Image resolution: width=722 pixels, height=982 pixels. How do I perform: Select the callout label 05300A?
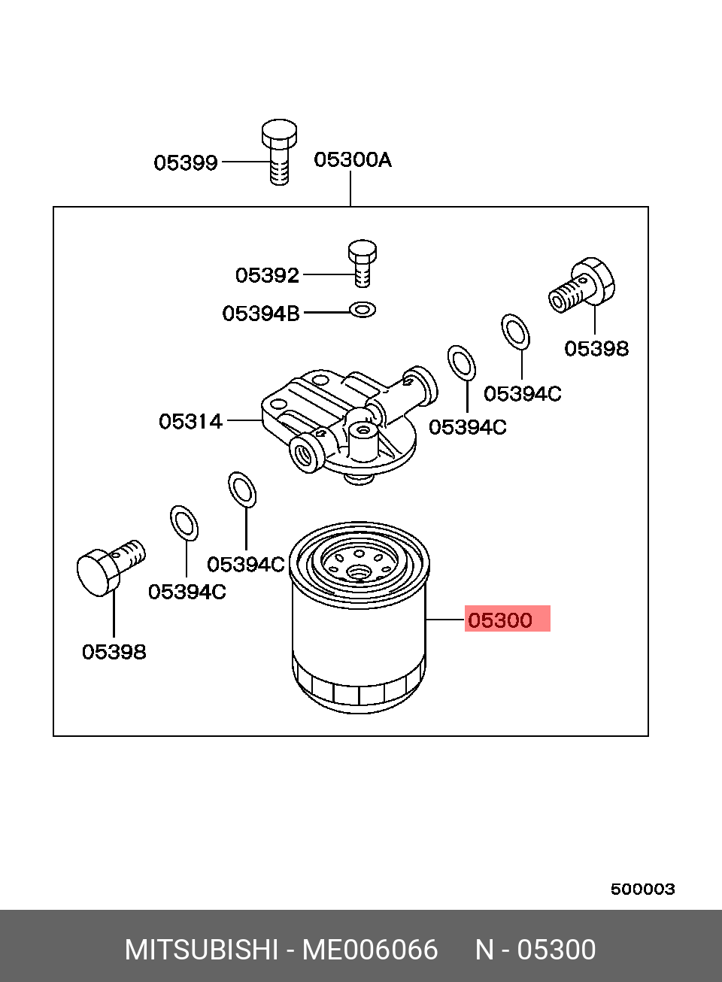(352, 160)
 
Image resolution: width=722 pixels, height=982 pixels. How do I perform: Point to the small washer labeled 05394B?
(363, 309)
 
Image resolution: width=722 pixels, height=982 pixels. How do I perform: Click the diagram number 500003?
(642, 889)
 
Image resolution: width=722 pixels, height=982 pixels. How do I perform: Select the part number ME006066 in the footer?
(369, 950)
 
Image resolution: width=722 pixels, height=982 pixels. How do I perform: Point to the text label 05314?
(190, 422)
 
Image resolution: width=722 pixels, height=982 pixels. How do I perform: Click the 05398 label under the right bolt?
(596, 349)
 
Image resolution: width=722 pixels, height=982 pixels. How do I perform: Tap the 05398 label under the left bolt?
(114, 652)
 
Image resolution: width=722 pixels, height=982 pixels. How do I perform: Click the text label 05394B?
(260, 314)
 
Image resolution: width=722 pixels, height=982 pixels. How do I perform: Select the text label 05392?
(267, 276)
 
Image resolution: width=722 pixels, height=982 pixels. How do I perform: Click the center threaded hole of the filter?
(359, 571)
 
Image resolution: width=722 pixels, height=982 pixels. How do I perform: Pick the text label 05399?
(186, 163)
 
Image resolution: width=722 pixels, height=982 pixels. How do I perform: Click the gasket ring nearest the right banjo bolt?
(515, 332)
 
